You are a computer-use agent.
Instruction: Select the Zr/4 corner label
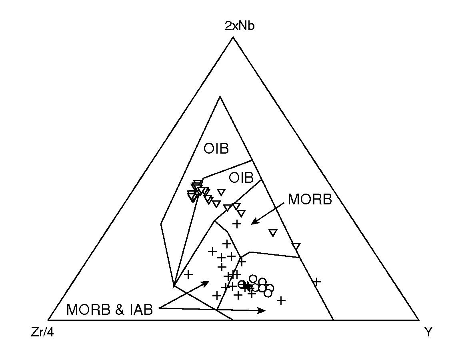pos(42,332)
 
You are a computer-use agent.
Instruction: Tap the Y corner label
pos(428,332)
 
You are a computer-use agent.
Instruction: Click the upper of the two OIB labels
pos(216,149)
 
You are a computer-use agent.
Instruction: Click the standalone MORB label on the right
pos(310,200)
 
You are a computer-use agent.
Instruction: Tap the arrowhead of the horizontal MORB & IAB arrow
pos(264,310)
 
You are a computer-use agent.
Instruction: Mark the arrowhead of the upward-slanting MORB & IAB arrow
pos(208,282)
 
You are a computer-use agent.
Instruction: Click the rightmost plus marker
pos(316,282)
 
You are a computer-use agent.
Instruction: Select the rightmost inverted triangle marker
pos(296,246)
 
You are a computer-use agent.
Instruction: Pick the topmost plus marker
pos(237,224)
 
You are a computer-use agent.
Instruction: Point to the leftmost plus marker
pos(188,274)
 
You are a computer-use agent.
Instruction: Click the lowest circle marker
pos(268,293)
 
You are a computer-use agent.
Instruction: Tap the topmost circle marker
pos(253,278)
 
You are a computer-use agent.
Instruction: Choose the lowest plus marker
pos(281,300)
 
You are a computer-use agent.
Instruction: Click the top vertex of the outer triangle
pos(233,37)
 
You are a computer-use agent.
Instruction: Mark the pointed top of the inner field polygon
pos(220,97)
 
